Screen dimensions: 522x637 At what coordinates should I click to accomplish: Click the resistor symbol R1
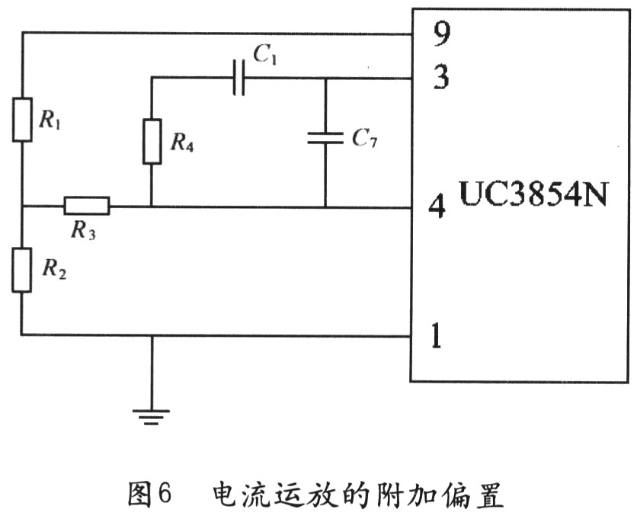pos(22,120)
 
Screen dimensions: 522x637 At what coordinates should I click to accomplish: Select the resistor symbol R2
pos(22,270)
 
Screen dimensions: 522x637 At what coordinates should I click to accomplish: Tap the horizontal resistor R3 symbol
pos(86,206)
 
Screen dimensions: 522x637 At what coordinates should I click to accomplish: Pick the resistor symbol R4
pos(152,141)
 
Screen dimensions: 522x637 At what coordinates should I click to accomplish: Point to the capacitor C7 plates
pos(325,138)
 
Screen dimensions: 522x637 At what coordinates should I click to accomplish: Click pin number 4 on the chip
pos(438,207)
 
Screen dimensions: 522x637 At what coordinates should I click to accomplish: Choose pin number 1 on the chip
pos(437,335)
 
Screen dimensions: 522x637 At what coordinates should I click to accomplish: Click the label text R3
pos(83,231)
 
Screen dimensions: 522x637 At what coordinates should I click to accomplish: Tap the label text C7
pos(364,139)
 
